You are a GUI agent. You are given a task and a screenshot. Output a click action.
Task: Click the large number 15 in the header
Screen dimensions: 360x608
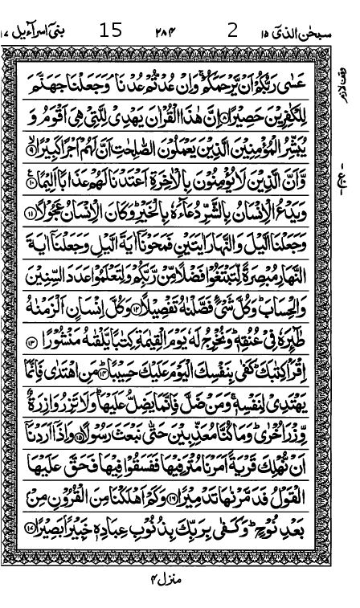click(x=110, y=31)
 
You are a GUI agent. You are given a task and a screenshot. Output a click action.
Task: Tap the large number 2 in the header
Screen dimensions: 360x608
click(x=232, y=31)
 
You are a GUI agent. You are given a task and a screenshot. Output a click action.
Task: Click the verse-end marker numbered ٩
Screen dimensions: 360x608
click(x=31, y=149)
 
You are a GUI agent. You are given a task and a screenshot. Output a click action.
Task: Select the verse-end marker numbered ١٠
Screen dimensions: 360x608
click(x=31, y=183)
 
